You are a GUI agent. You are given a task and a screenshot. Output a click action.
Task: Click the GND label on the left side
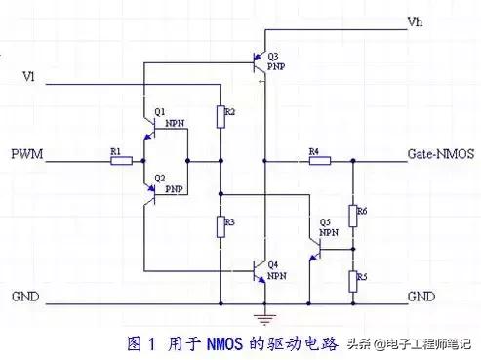25,294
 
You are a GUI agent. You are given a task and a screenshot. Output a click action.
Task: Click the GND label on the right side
421,294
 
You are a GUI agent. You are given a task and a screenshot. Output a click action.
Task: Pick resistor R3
221,226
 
